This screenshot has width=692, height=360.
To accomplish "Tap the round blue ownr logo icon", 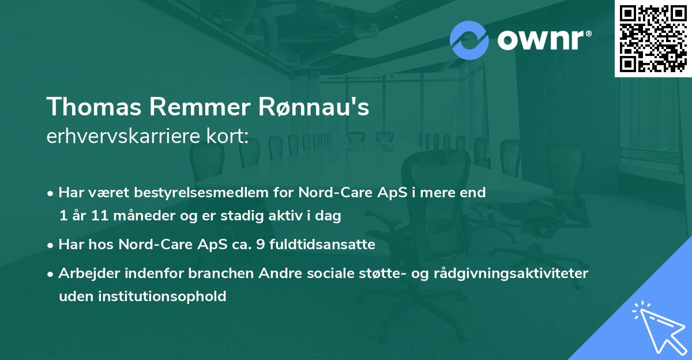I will point(469,41).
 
